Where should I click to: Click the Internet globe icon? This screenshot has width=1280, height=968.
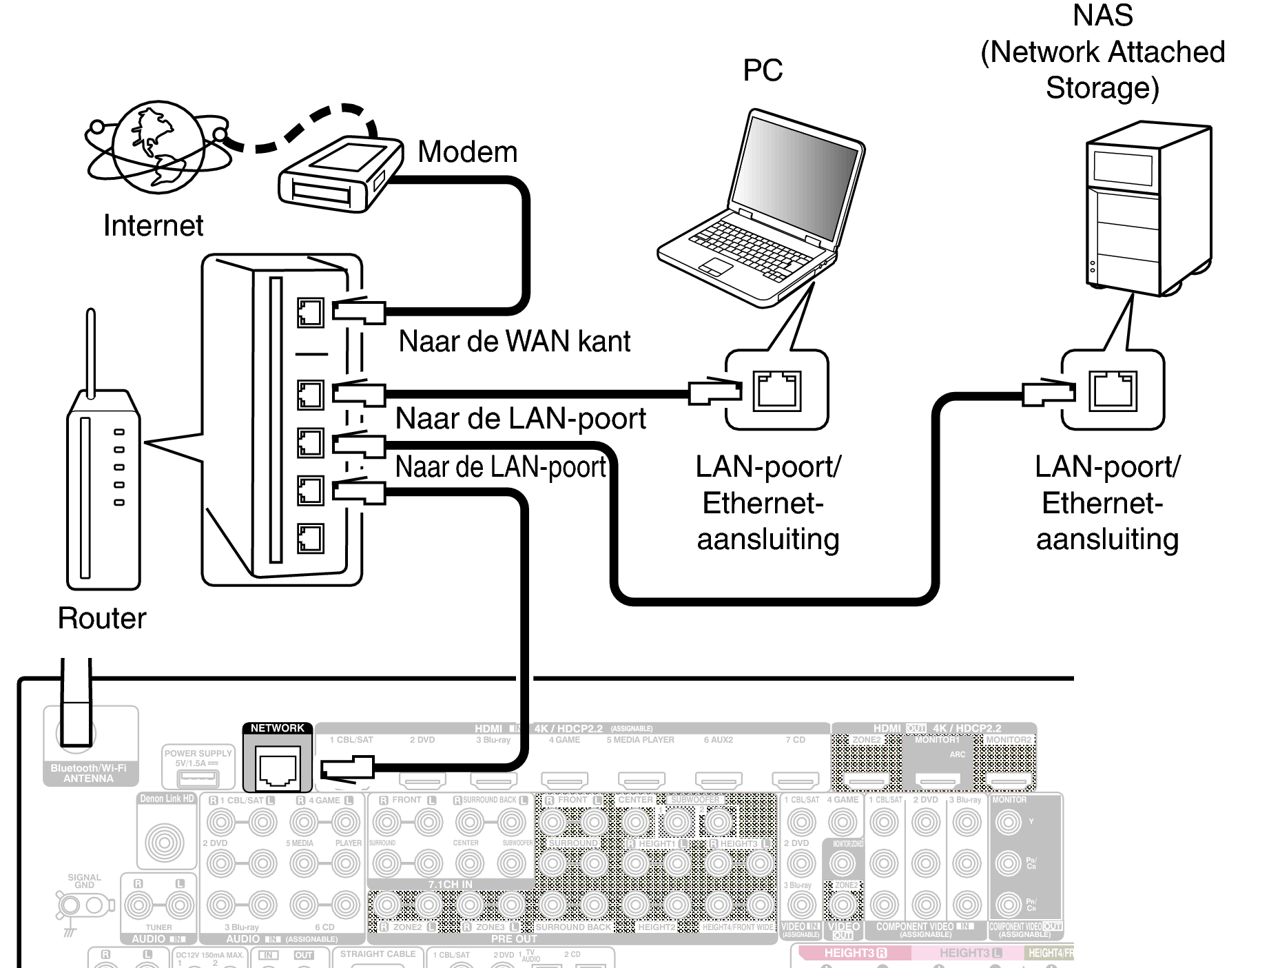(x=157, y=146)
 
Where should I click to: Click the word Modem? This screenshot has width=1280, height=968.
(x=467, y=152)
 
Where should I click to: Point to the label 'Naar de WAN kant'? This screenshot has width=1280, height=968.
(x=514, y=342)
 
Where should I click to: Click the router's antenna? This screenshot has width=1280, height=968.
(x=90, y=351)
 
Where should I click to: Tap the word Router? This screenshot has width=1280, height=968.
(x=102, y=618)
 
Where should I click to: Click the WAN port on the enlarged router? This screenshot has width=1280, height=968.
(x=310, y=313)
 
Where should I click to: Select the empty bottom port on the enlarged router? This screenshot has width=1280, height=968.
(x=310, y=538)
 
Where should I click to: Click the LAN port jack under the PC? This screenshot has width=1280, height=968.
(x=776, y=391)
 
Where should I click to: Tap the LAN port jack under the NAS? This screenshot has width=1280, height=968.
(x=1113, y=391)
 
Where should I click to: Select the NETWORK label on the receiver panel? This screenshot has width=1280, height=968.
(x=277, y=728)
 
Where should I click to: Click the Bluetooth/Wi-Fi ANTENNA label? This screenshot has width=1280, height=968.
(x=88, y=773)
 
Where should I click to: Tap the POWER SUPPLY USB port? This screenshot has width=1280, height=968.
(x=198, y=779)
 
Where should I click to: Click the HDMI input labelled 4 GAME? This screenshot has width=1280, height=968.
(x=564, y=780)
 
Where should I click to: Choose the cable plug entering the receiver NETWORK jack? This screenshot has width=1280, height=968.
(x=348, y=767)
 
